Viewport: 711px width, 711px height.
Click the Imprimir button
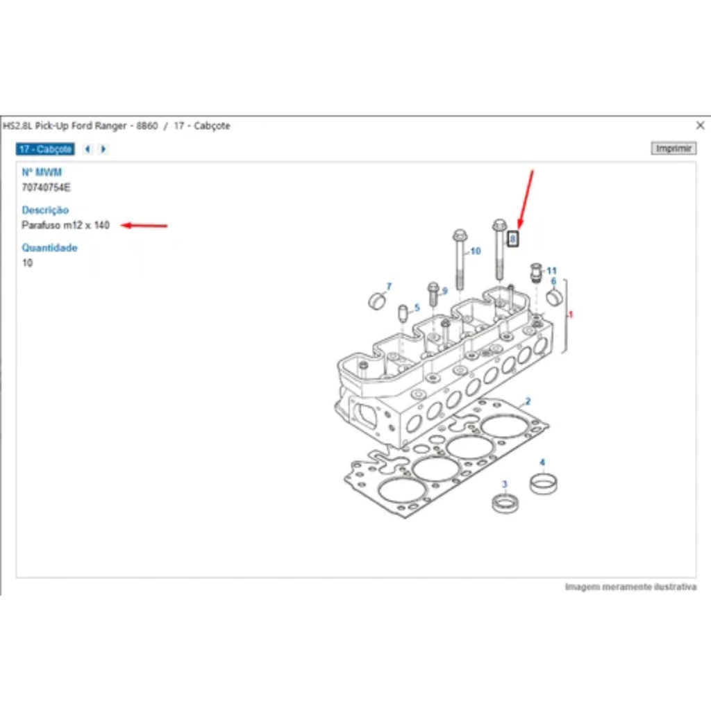coord(674,149)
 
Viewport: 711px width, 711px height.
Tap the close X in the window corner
coord(700,125)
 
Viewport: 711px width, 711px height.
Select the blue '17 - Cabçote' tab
coord(45,149)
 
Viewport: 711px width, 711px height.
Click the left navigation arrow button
coord(87,149)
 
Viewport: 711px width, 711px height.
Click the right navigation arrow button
coord(103,149)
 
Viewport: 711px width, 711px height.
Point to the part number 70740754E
coord(47,187)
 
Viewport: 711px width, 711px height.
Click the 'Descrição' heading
coord(45,210)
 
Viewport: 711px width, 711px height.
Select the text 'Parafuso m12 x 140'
coord(66,225)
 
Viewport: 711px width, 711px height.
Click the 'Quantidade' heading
coord(50,248)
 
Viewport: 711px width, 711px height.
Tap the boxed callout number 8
coord(513,239)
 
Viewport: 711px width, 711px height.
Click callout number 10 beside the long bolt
coord(475,251)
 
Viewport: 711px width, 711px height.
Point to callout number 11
coord(551,271)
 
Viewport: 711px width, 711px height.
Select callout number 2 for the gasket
coord(528,401)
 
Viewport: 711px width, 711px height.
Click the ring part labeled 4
coord(544,484)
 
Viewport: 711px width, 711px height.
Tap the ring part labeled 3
coord(505,504)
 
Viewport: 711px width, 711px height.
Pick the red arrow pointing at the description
coord(144,226)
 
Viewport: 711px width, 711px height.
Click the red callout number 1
coord(571,315)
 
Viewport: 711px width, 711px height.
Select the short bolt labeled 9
coord(433,294)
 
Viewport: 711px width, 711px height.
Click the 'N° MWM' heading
coord(42,172)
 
